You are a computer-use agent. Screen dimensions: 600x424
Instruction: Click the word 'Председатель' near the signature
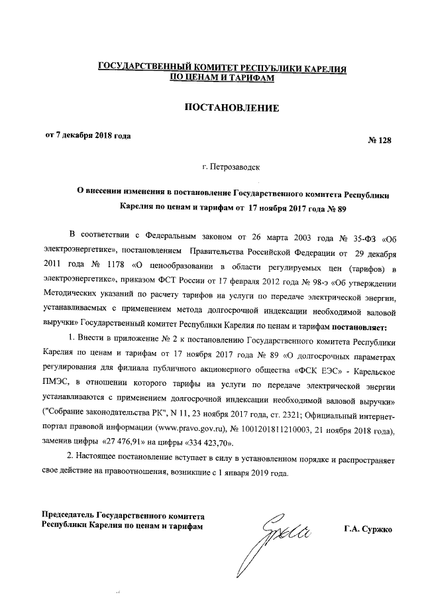point(68,515)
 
